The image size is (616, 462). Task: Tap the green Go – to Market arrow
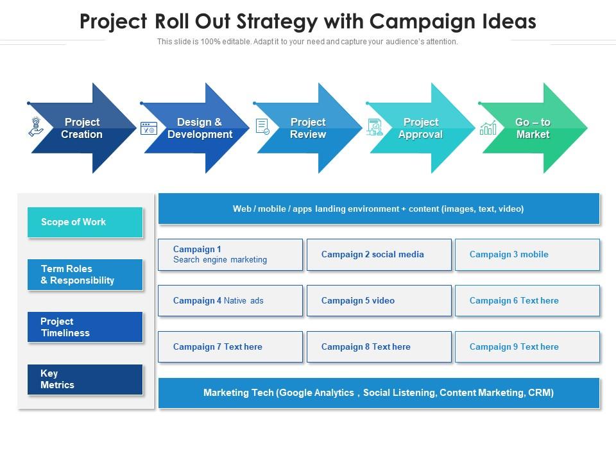533,128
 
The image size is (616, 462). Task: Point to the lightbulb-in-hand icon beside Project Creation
37,126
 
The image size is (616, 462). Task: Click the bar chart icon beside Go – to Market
488,128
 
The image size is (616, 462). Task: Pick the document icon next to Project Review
262,126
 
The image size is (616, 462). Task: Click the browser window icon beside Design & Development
149,128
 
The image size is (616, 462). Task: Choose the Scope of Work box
85,222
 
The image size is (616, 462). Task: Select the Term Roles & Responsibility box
85,275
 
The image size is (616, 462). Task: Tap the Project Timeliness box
85,327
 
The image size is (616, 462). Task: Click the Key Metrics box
85,379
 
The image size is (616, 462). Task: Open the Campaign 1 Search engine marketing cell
230,255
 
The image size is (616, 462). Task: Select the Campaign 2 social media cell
379,255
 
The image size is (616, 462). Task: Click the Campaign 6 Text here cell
527,301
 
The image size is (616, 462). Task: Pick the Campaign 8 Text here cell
379,347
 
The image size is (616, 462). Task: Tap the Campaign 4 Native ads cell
230,301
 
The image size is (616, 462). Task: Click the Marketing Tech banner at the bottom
379,393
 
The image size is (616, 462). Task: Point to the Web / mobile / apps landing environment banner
379,209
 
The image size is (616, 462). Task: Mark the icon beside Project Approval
375,127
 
